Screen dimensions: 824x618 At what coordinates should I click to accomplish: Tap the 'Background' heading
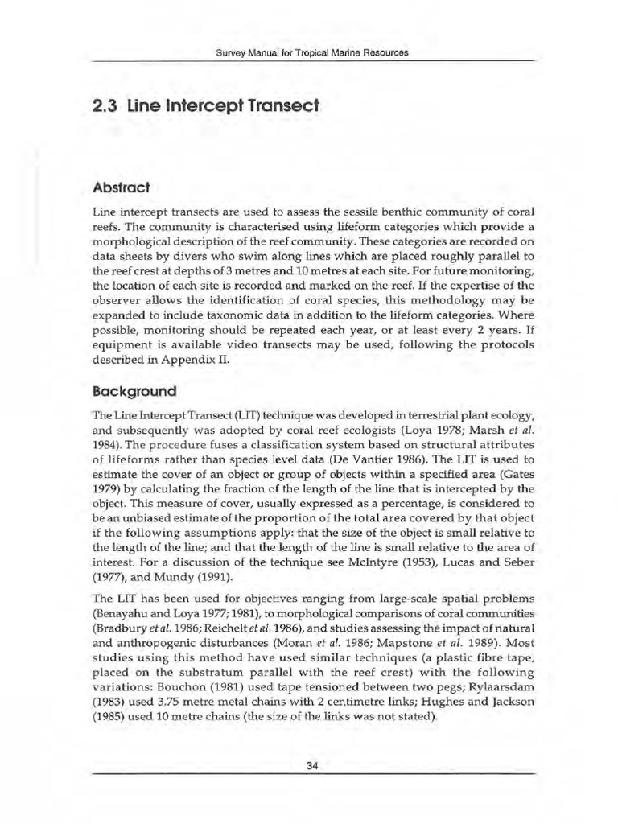point(134,391)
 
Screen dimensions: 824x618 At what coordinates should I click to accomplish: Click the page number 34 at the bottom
point(313,765)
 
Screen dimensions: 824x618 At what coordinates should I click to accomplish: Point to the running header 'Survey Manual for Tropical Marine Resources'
point(313,52)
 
